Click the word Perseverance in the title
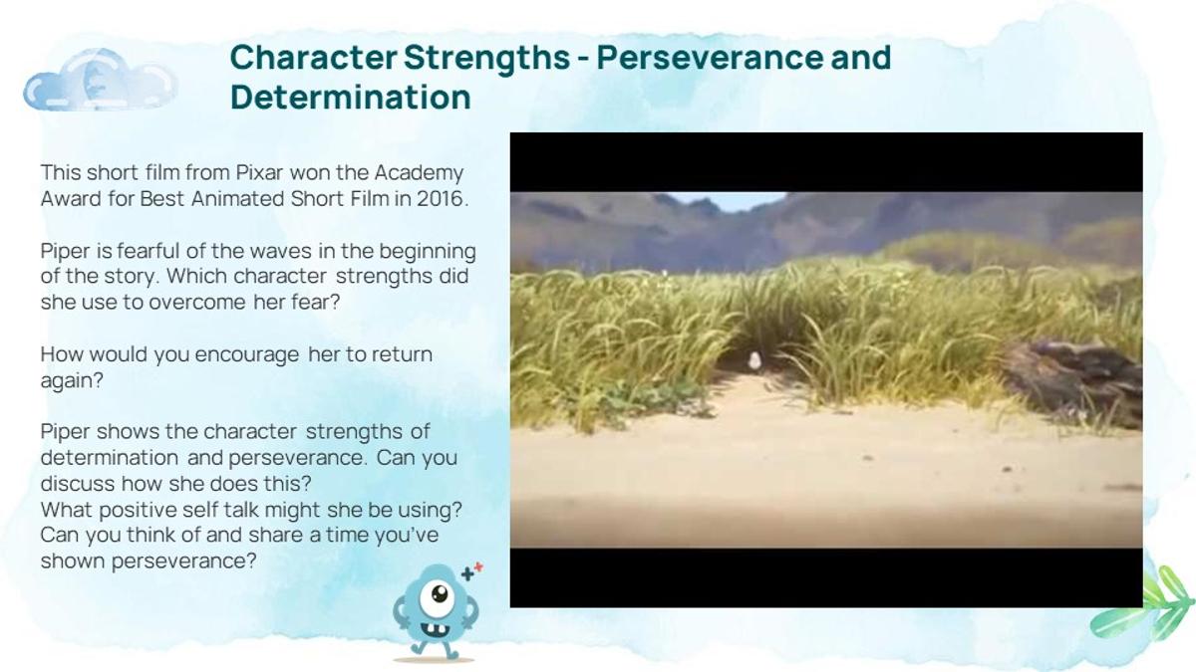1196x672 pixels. pos(710,57)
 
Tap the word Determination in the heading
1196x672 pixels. pos(351,98)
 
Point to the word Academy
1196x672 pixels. pos(419,173)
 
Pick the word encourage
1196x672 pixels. pos(247,355)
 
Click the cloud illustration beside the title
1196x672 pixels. pos(100,80)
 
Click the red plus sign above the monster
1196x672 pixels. pos(478,567)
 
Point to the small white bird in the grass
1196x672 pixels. pos(754,361)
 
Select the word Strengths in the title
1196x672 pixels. pos(487,58)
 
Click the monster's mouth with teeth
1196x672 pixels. pos(436,630)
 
